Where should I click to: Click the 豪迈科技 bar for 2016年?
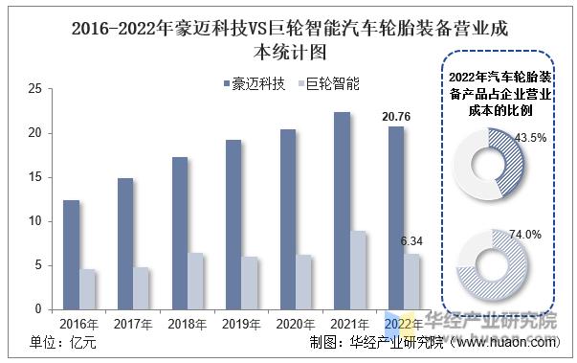click(71, 255)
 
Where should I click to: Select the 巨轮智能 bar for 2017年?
click(141, 288)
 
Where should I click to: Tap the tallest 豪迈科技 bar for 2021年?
click(342, 211)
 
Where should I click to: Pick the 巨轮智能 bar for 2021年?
click(357, 270)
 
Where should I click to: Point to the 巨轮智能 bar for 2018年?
click(194, 281)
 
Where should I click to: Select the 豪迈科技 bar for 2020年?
click(287, 219)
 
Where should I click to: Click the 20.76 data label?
click(396, 116)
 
